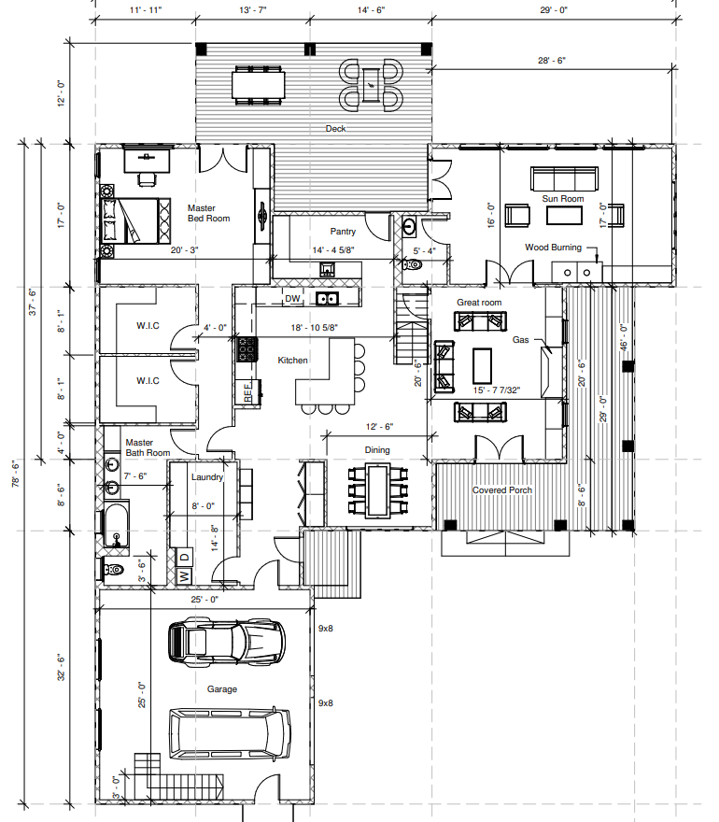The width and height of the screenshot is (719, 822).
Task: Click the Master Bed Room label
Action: [x=208, y=213]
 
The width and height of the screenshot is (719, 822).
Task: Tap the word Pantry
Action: [x=343, y=232]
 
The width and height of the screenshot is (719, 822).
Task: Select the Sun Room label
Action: [x=563, y=199]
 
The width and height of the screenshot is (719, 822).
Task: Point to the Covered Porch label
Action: [x=502, y=490]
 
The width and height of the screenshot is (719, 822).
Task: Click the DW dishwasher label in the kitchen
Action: [x=292, y=299]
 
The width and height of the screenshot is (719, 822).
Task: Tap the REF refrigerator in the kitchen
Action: [x=247, y=391]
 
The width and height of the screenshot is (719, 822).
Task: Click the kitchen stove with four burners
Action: [x=247, y=349]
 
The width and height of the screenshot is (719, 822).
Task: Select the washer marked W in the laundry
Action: [x=185, y=576]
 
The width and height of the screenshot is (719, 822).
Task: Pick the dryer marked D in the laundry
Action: [x=185, y=556]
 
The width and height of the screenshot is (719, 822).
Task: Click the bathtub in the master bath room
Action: [x=117, y=525]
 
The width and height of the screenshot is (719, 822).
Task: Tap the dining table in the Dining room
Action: [x=377, y=489]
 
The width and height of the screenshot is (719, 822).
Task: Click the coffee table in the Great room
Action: [x=482, y=366]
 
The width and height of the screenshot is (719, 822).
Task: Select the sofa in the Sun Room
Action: [x=564, y=178]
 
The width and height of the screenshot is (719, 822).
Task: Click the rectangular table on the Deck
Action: [x=259, y=85]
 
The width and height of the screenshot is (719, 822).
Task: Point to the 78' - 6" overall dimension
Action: [x=16, y=475]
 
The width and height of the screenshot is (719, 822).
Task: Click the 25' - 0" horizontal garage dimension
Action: [x=204, y=599]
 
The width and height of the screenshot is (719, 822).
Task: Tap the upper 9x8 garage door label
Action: [x=326, y=628]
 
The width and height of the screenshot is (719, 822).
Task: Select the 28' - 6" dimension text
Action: [x=552, y=61]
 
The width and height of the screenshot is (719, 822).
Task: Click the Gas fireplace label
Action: [x=520, y=340]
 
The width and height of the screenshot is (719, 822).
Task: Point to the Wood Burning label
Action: [x=554, y=248]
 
